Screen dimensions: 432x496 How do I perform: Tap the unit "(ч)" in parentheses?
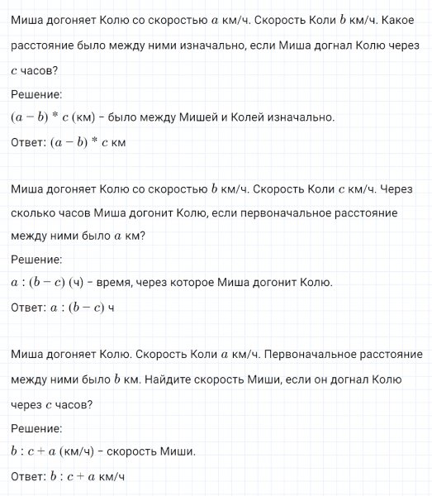(77, 284)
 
